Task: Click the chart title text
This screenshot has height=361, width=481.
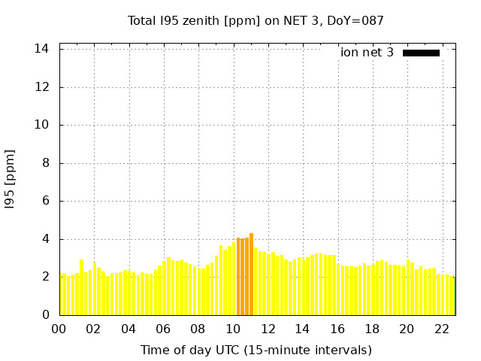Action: (x=256, y=20)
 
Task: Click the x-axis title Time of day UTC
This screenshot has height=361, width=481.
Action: (x=256, y=350)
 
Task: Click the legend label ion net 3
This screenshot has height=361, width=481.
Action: (x=367, y=53)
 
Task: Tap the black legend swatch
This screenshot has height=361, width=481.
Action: (x=421, y=53)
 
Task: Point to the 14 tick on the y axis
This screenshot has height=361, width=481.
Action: (x=42, y=49)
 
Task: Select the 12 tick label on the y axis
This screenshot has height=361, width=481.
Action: (x=42, y=86)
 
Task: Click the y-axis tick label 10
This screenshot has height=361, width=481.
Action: (x=42, y=125)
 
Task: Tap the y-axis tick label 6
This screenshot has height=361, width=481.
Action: (x=45, y=201)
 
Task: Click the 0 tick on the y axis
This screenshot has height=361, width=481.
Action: (x=45, y=315)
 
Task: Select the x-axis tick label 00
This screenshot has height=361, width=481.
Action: (x=59, y=329)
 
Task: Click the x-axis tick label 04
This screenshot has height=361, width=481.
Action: (x=129, y=329)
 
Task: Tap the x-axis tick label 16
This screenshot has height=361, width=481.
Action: (x=337, y=329)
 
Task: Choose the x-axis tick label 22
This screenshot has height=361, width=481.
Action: (x=442, y=329)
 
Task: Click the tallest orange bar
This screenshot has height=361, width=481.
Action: (x=252, y=275)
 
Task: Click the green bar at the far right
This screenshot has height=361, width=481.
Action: (x=454, y=296)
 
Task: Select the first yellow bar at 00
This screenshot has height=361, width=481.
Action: (x=60, y=295)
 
